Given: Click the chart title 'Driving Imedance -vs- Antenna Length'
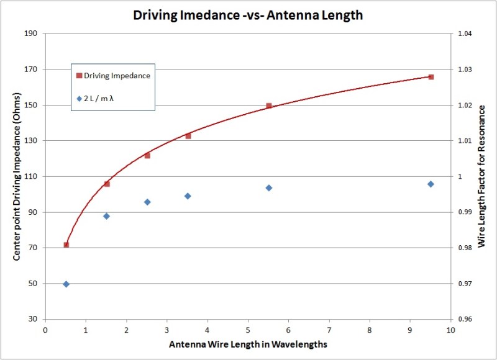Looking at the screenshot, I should pos(247,15).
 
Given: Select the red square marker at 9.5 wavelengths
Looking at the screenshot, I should pos(431,77).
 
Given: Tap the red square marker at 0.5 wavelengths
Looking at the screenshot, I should pos(66,245).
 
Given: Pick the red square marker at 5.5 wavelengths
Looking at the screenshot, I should pos(269,106).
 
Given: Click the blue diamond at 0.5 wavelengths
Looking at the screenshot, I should pos(66,284).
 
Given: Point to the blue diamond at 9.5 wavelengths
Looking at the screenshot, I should pos(431,184).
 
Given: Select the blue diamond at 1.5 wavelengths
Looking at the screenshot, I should pos(106,216).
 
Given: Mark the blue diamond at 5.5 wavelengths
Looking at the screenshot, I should pos(269,187).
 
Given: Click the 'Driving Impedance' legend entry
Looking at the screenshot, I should pos(113,76).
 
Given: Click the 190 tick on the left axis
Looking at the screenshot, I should pos(31,34).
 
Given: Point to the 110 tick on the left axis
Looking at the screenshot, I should pos(31,177).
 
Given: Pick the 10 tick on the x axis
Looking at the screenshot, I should pos(451,330).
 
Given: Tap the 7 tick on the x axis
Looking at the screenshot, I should pos(329,330).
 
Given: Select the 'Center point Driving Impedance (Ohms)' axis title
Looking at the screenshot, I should pos(17,176).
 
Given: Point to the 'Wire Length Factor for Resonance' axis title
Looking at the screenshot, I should pos(482,176).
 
